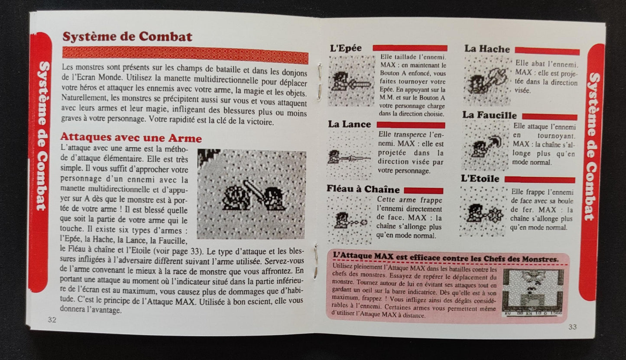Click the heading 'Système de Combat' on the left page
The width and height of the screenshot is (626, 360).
click(127, 36)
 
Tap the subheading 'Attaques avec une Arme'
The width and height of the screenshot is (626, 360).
click(131, 139)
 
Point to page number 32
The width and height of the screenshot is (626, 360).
click(52, 320)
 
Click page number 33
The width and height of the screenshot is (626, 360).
click(572, 327)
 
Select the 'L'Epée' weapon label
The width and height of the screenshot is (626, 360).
click(345, 49)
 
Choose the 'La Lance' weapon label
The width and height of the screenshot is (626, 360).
click(349, 124)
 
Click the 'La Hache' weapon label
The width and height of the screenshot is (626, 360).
click(487, 49)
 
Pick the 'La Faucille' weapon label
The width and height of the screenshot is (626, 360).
click(490, 115)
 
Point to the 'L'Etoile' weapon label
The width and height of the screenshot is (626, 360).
click(480, 178)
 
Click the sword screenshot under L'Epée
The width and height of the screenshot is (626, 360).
click(351, 81)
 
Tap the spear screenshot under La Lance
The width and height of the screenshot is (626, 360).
click(350, 155)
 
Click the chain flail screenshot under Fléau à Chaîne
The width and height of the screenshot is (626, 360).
click(349, 220)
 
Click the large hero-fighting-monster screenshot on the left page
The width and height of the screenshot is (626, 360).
click(252, 195)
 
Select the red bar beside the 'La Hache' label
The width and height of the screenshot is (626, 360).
click(547, 52)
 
